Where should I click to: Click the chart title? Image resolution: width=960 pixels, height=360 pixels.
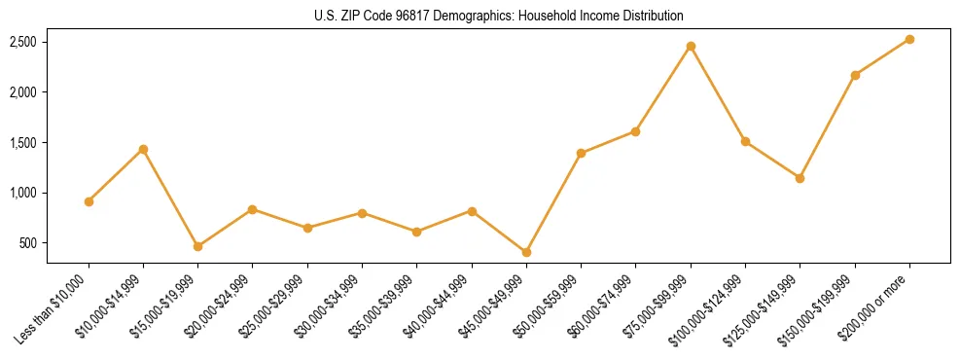point(500,16)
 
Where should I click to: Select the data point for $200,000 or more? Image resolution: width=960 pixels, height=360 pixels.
point(909,39)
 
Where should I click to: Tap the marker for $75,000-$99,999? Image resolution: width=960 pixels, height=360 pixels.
point(691,46)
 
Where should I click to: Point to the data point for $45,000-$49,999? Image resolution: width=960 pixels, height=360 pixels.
point(526,252)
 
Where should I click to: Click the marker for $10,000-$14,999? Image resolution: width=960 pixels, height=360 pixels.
point(143,149)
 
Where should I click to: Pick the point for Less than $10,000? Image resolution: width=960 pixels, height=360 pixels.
point(89,201)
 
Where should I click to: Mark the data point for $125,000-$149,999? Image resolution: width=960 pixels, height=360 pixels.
point(800,178)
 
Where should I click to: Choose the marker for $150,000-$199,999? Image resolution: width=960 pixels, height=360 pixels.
point(855,75)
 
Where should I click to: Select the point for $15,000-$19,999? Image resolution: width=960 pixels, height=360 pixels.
point(197,246)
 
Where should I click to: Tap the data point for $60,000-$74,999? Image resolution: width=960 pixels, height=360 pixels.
point(635,131)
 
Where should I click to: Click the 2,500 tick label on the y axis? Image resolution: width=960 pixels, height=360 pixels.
point(23,42)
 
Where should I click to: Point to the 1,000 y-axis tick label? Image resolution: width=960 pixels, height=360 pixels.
point(23,193)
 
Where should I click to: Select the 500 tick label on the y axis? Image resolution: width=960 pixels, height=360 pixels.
point(28,243)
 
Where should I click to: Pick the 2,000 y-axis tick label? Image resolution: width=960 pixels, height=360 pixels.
point(23,92)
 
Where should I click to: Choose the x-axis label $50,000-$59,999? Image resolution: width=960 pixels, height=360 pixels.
point(549,307)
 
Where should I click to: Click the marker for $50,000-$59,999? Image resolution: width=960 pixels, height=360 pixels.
point(581,153)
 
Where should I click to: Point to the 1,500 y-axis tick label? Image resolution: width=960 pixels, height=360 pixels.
point(23,143)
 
